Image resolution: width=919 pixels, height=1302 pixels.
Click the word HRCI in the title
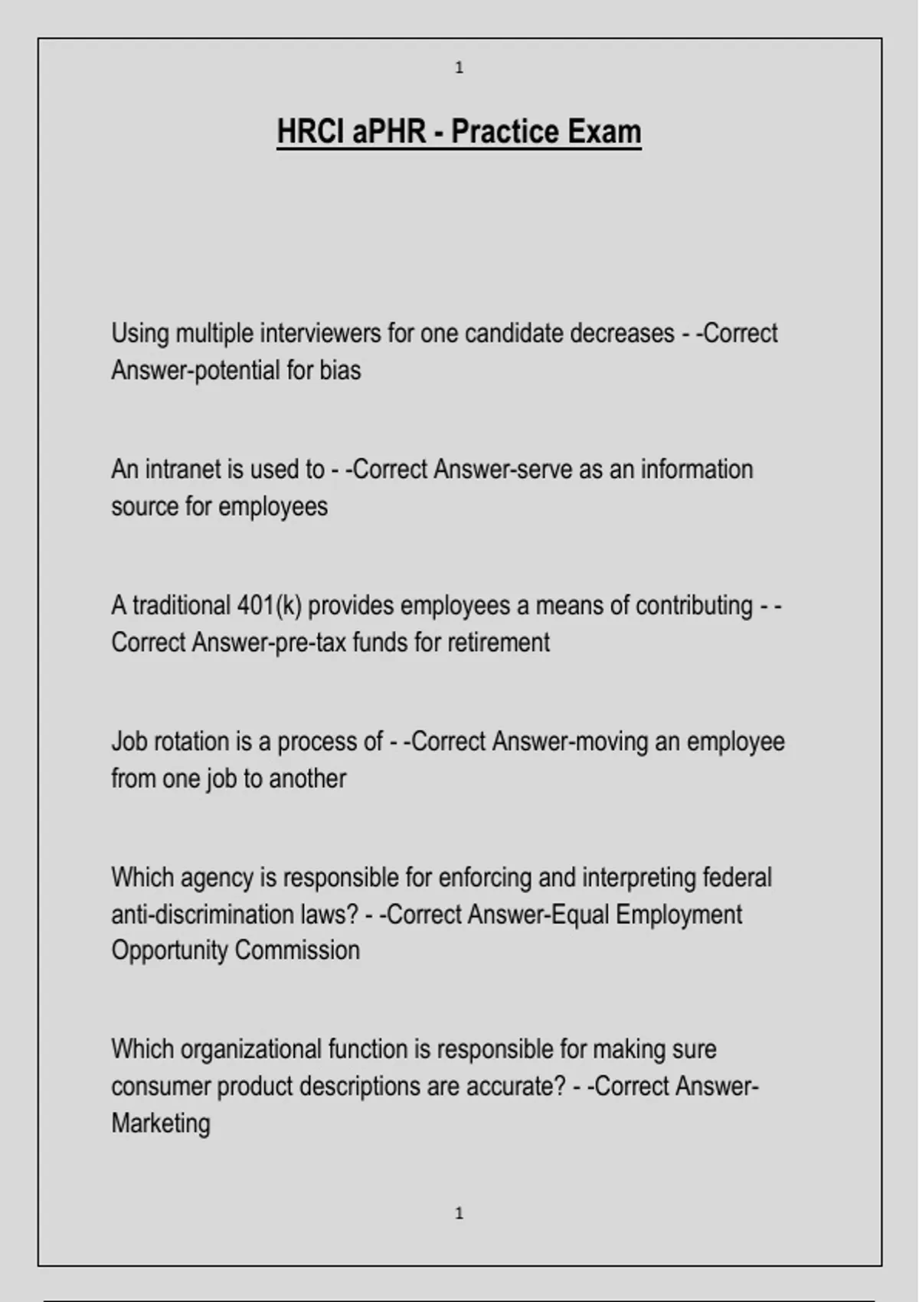click(x=310, y=132)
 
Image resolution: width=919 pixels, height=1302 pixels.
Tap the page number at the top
click(x=459, y=68)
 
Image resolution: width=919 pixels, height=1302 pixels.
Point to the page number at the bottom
click(x=459, y=1213)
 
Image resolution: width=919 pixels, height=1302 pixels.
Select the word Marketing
click(x=161, y=1124)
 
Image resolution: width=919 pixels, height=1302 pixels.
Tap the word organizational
click(x=250, y=1049)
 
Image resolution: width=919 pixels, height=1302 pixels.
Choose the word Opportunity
click(x=169, y=950)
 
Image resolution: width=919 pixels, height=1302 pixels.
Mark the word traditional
click(x=181, y=606)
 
